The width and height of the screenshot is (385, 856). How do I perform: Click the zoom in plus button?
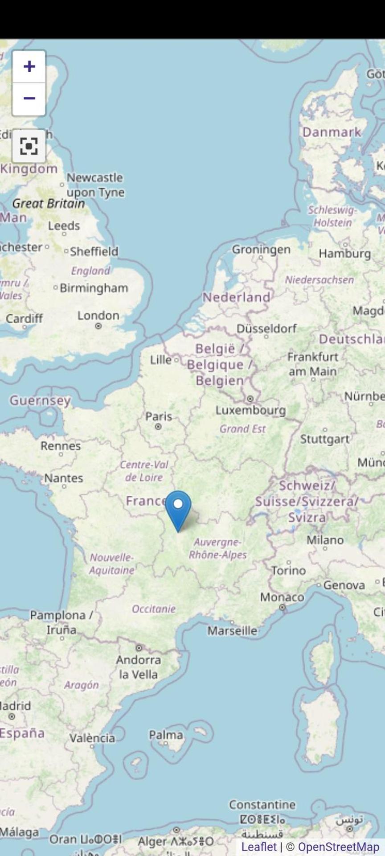tap(29, 66)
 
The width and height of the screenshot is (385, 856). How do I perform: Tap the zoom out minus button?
tap(29, 98)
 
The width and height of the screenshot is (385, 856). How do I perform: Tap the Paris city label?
tap(159, 416)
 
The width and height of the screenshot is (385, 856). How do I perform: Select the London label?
tap(98, 316)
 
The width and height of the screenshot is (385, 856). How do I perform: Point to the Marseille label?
tap(232, 631)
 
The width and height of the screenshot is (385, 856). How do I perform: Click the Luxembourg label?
tap(250, 410)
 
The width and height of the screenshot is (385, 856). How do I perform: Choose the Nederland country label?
tap(236, 297)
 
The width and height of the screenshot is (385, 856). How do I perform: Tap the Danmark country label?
tap(332, 132)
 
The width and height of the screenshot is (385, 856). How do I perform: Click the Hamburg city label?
tap(344, 254)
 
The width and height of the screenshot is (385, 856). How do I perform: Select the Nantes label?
tap(63, 478)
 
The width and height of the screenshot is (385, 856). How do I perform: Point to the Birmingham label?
tap(94, 288)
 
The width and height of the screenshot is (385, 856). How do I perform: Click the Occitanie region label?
tap(154, 609)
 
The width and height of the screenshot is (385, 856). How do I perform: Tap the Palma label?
tap(166, 735)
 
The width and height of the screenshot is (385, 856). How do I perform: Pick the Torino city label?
tap(289, 571)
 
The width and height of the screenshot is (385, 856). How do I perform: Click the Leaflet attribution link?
tap(259, 847)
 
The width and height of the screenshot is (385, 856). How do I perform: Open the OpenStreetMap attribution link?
tap(338, 847)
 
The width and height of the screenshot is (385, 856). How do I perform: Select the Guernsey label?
tap(40, 400)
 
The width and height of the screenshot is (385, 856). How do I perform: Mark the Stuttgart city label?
tap(324, 439)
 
